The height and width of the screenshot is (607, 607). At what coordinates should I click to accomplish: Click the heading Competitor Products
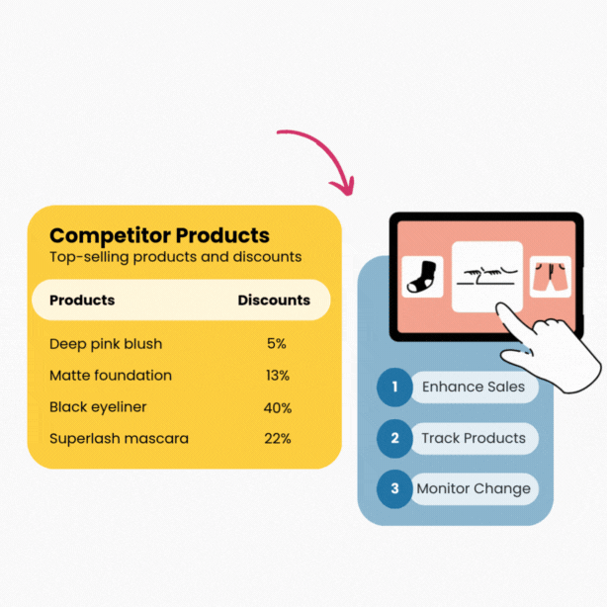click(159, 235)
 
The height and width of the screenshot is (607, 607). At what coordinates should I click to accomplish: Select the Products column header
click(82, 300)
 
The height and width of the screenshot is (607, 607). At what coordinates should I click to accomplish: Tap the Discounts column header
click(274, 300)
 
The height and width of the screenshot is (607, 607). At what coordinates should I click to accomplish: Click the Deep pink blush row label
click(106, 344)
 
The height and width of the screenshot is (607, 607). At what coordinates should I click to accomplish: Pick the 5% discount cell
click(276, 344)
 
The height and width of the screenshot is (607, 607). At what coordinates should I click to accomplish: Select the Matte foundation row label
click(111, 376)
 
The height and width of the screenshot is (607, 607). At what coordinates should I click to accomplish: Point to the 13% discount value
click(277, 376)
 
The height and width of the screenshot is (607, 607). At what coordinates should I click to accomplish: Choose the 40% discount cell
click(278, 407)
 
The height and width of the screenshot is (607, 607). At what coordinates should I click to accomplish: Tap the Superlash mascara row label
click(119, 438)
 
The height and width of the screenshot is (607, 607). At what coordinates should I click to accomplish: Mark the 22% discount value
click(278, 438)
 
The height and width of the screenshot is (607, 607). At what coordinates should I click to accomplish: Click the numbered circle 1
click(394, 387)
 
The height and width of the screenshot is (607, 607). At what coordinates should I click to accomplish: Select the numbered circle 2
click(394, 438)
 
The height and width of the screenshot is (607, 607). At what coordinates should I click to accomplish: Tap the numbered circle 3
click(394, 488)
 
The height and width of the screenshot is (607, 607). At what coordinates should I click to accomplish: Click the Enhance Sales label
click(474, 387)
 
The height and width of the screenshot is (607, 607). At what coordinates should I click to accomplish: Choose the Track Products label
click(474, 438)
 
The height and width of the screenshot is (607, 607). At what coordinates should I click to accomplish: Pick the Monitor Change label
click(474, 488)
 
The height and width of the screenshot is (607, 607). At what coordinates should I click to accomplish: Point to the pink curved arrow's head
click(346, 186)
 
